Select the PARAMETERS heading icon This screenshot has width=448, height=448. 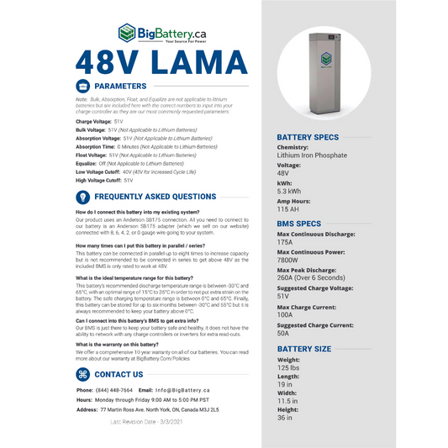[x=83, y=86]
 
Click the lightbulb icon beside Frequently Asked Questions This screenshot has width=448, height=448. [x=83, y=196]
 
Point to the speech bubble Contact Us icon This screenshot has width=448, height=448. [x=83, y=374]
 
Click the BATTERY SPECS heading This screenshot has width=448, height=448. [x=308, y=137]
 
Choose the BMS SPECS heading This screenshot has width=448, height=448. [x=298, y=224]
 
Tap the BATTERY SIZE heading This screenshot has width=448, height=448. [x=303, y=347]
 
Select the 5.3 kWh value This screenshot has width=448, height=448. [x=291, y=192]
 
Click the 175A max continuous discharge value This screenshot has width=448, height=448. [x=286, y=242]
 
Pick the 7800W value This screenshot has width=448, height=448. [x=289, y=260]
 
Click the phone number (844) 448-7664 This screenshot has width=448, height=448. [x=113, y=391]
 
